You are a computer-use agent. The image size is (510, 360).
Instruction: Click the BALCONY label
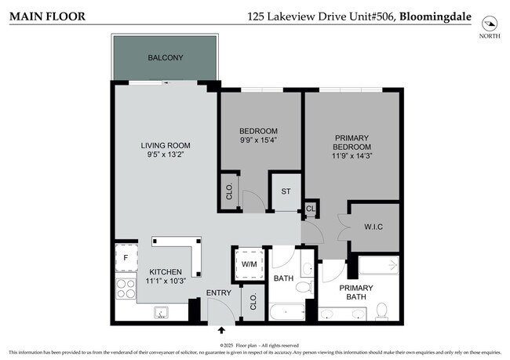click(166, 58)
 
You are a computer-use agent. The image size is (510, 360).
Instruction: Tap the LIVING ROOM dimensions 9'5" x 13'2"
click(166, 155)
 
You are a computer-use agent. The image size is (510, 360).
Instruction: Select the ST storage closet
click(286, 191)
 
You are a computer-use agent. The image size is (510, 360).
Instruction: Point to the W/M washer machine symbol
click(250, 264)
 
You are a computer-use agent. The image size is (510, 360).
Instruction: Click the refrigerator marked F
click(126, 256)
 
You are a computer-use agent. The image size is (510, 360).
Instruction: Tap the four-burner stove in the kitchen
click(126, 288)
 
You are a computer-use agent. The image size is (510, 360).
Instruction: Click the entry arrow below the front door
click(220, 331)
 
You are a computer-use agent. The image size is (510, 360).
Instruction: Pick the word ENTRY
click(218, 293)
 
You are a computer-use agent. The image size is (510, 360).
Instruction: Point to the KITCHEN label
click(166, 271)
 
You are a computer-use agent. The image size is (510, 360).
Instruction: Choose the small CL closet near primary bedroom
click(311, 209)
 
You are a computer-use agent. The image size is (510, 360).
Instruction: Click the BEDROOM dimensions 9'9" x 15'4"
click(258, 140)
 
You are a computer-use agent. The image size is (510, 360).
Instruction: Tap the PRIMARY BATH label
click(356, 292)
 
